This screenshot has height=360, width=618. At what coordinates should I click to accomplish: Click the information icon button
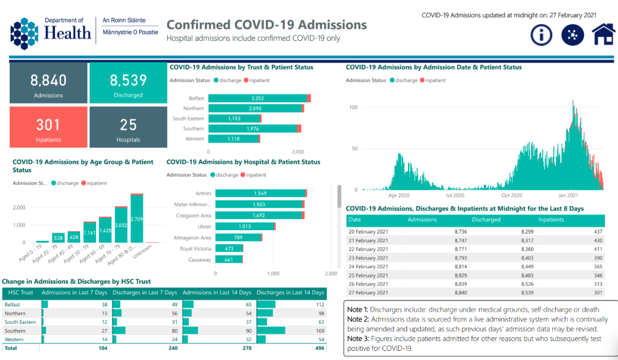click(541, 35)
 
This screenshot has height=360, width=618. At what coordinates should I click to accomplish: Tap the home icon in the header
click(604, 34)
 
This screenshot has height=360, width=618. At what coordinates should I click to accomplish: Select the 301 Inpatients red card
click(49, 128)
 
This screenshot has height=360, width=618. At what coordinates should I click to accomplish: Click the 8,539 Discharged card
click(129, 83)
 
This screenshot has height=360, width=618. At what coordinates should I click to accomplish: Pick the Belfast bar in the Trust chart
click(260, 98)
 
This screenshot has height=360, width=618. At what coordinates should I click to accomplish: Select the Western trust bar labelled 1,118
click(234, 139)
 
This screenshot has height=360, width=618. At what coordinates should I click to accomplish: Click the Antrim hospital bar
click(261, 193)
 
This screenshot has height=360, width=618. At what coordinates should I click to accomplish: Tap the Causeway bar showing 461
click(229, 259)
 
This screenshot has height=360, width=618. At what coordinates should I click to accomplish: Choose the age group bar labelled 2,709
click(137, 218)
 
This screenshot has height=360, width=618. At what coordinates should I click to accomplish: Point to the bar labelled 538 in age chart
click(58, 238)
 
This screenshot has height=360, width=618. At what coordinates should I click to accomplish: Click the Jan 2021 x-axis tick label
click(568, 195)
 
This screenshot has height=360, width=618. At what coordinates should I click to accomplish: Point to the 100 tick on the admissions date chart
click(353, 107)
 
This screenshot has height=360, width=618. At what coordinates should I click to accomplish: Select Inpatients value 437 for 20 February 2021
click(598, 232)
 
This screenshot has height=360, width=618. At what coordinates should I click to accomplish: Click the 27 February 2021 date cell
click(368, 292)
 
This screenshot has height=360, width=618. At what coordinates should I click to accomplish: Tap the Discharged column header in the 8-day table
click(486, 220)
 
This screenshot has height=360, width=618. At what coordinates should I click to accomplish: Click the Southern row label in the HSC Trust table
click(15, 331)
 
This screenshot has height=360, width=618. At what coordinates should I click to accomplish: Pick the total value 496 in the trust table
click(320, 348)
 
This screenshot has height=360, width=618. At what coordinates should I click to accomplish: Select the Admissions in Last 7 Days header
click(74, 292)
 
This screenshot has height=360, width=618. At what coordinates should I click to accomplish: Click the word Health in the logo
click(68, 33)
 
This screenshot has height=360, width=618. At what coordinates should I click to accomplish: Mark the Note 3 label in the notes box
click(358, 339)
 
